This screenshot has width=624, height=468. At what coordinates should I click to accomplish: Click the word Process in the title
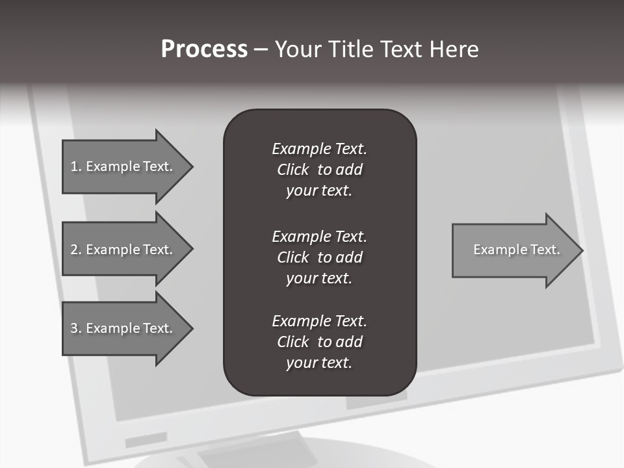click(204, 49)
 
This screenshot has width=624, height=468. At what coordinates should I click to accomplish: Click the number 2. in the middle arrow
click(75, 250)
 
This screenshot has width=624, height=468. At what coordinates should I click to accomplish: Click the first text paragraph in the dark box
click(319, 170)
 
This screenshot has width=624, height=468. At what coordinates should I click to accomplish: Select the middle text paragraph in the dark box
click(319, 257)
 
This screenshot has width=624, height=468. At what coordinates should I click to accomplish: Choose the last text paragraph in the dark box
click(319, 342)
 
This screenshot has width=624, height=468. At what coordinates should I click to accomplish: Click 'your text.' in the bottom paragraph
click(319, 363)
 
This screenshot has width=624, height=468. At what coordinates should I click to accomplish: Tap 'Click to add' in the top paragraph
click(319, 170)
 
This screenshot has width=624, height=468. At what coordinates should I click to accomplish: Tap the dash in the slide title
click(261, 49)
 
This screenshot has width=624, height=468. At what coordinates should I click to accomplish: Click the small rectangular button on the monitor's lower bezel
click(146, 440)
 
